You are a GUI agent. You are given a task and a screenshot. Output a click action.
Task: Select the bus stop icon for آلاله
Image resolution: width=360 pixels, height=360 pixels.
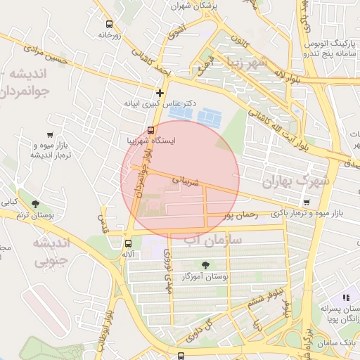click(127, 243)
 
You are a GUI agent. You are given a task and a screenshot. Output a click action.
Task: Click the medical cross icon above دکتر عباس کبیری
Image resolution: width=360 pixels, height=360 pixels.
click(160, 92)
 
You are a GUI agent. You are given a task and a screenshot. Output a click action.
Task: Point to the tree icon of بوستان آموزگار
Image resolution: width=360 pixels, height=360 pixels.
click(205, 265)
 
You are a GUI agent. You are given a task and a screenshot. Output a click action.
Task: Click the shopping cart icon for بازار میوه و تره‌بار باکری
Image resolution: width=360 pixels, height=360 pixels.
click(306, 202)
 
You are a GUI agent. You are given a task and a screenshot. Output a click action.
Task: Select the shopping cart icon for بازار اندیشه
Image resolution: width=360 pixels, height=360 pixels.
click(49, 134)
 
